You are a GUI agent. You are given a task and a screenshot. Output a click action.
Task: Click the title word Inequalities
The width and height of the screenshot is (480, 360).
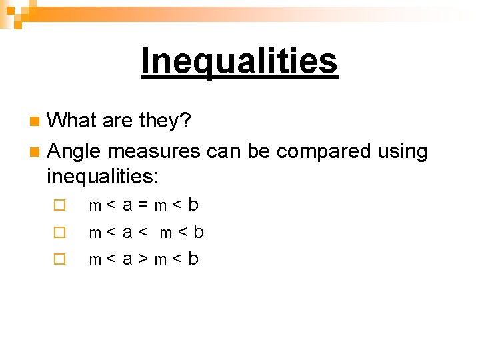pyautogui.click(x=240, y=61)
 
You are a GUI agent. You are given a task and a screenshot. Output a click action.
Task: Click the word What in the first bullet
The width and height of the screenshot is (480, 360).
pyautogui.click(x=73, y=121)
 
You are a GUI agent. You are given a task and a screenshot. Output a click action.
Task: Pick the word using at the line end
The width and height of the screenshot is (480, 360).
pyautogui.click(x=402, y=152)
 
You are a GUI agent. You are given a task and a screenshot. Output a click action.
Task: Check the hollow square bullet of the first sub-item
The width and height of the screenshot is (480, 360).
pyautogui.click(x=60, y=206)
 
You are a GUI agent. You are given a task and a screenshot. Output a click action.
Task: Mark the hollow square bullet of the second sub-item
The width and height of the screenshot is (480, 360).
pyautogui.click(x=60, y=233)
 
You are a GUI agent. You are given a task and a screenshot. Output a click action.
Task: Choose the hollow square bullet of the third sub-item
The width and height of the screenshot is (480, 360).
pyautogui.click(x=60, y=259)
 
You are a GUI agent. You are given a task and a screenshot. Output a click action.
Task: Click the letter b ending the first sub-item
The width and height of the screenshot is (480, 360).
pyautogui.click(x=193, y=205)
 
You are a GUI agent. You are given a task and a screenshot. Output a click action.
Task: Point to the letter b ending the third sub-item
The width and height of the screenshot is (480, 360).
pyautogui.click(x=193, y=258)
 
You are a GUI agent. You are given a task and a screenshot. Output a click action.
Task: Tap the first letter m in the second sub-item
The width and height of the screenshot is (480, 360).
pyautogui.click(x=95, y=233)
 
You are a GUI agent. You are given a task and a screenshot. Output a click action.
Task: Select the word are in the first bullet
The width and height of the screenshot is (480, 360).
pyautogui.click(x=118, y=121)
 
